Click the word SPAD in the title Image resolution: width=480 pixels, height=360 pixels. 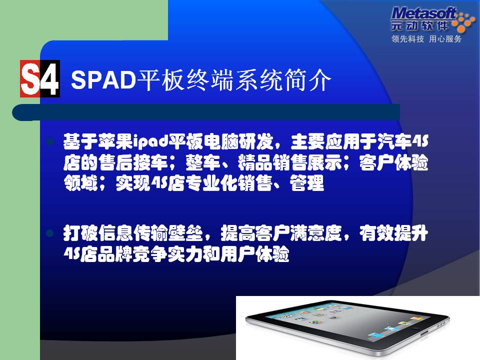click(103, 80)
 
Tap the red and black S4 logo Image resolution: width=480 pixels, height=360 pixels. click(40, 78)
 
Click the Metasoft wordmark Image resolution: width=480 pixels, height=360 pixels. click(423, 14)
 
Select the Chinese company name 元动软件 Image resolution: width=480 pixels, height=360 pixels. click(419, 25)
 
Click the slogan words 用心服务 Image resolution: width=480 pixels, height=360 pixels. click(445, 39)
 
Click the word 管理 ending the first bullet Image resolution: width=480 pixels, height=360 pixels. click(307, 183)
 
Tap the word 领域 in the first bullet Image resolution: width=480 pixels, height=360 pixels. click(81, 183)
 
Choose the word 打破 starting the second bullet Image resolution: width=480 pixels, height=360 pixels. click(81, 233)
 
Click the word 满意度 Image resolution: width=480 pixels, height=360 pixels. click(316, 233)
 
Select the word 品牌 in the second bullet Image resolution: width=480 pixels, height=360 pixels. click(115, 254)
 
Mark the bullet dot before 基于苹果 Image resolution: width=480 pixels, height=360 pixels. click(50, 141)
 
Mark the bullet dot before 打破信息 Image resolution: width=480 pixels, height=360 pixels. click(50, 233)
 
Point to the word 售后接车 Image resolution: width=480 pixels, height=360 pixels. click(133, 162)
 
